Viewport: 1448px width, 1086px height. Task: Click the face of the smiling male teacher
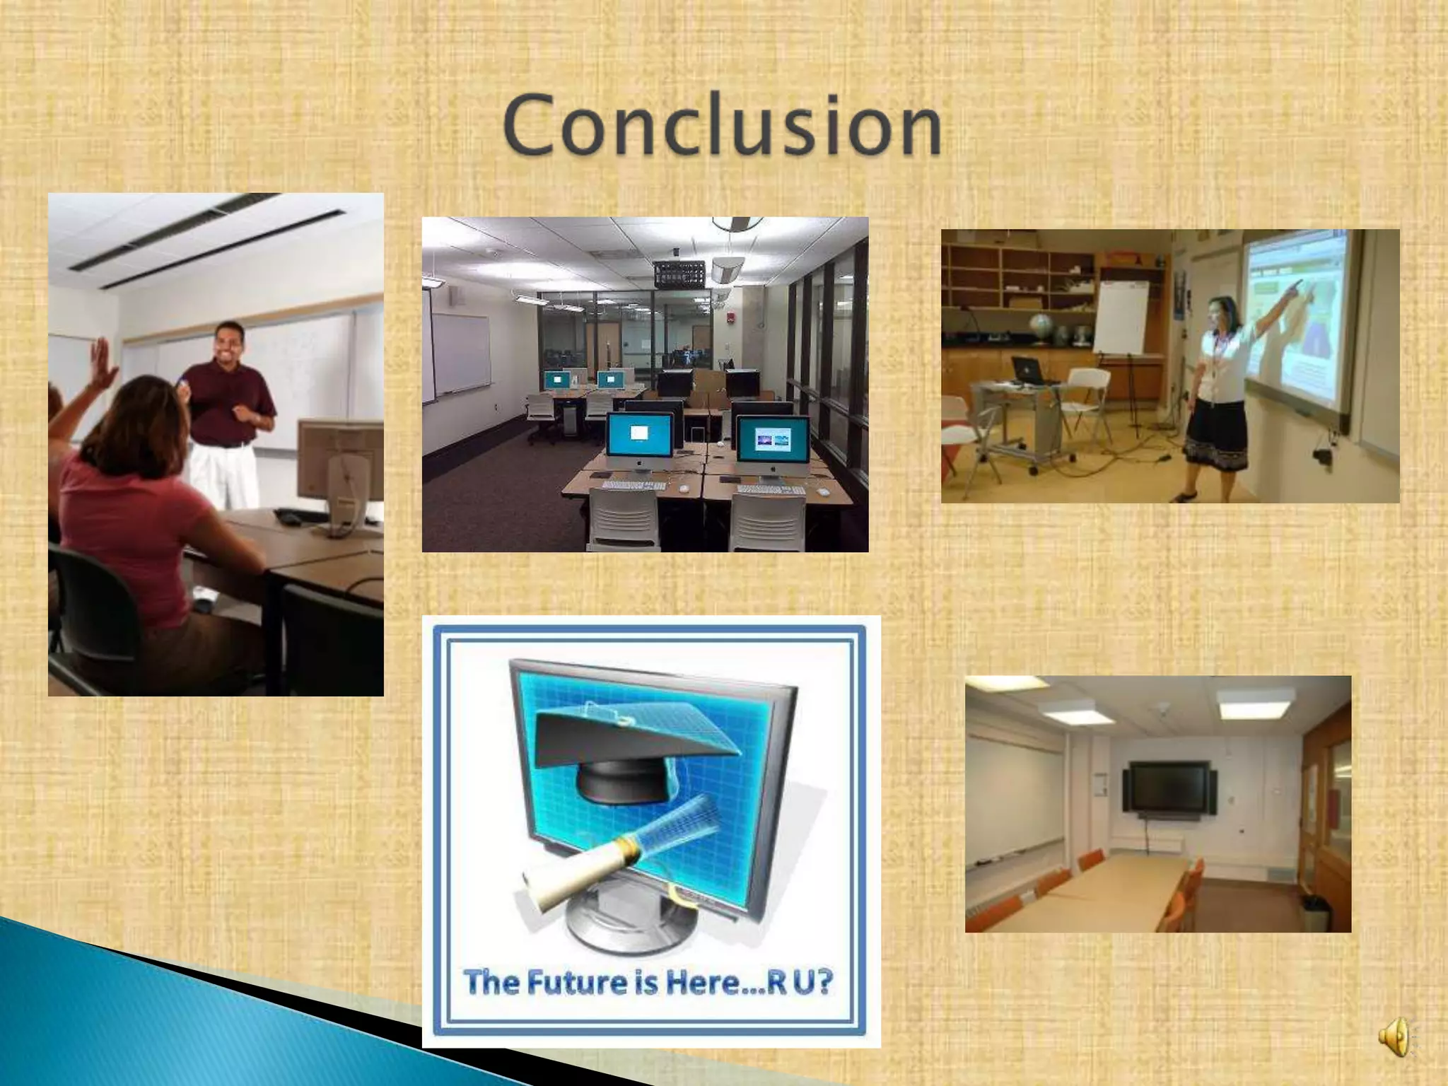click(228, 344)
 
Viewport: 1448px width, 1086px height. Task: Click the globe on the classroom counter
click(1041, 327)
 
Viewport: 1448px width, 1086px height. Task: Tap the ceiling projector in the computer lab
click(679, 274)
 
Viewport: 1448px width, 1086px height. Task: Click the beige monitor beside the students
click(339, 460)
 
